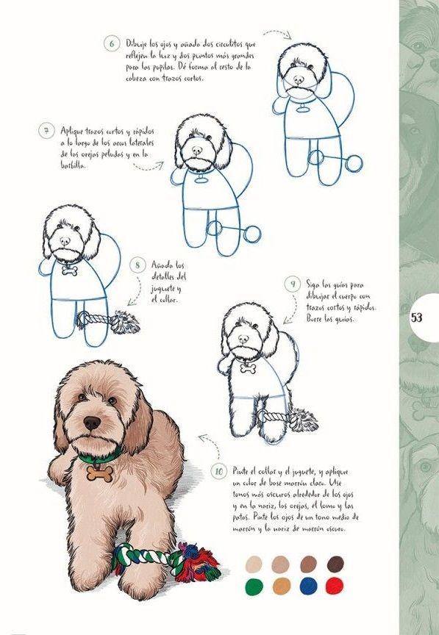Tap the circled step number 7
tap(46, 132)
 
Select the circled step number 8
tap(138, 265)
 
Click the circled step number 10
tap(218, 470)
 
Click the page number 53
tap(417, 318)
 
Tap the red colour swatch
tap(335, 586)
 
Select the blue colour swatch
tap(308, 586)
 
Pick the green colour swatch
tap(254, 586)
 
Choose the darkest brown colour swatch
tap(335, 564)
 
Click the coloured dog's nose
tap(92, 423)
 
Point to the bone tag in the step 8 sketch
tap(70, 270)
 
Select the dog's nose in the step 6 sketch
tap(298, 79)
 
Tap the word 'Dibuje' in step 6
tap(138, 44)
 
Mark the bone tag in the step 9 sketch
tap(248, 367)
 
